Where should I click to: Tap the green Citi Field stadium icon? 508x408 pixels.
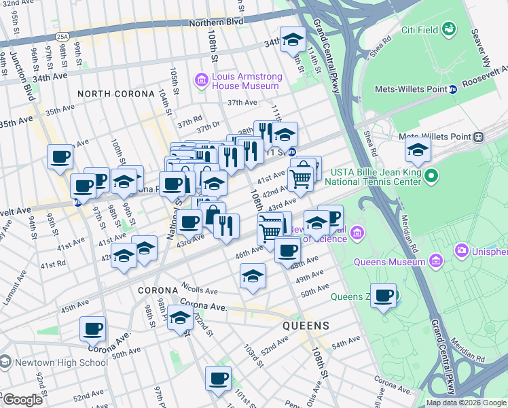(450, 29)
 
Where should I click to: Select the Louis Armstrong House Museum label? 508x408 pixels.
(245, 81)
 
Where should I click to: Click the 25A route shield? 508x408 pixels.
(62, 37)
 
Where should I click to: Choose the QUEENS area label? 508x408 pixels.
(306, 326)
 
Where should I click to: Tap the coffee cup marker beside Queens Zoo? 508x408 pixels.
(384, 296)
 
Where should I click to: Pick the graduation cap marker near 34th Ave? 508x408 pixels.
(293, 39)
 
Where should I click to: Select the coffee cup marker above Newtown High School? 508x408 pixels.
(93, 329)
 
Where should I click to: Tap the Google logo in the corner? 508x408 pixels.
(22, 400)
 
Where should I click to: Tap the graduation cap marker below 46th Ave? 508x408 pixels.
(253, 277)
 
